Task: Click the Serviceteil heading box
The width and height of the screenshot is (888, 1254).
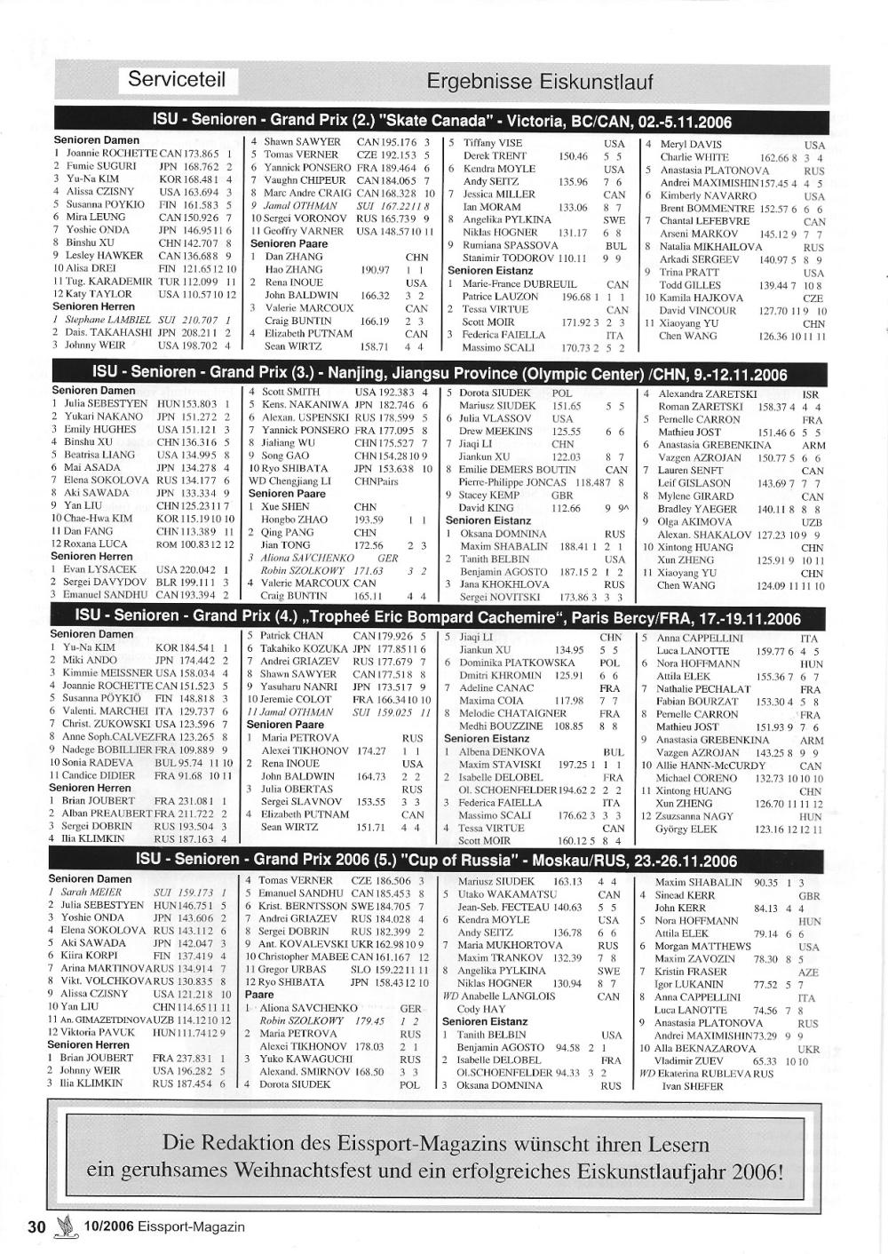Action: pyautogui.click(x=177, y=79)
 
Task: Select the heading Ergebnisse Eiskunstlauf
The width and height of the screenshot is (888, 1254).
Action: pyautogui.click(x=539, y=83)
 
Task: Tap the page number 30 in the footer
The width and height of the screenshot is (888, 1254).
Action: pyautogui.click(x=36, y=1226)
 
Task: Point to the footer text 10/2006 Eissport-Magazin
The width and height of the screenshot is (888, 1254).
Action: pyautogui.click(x=163, y=1227)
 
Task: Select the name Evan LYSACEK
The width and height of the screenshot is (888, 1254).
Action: pyautogui.click(x=99, y=569)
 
